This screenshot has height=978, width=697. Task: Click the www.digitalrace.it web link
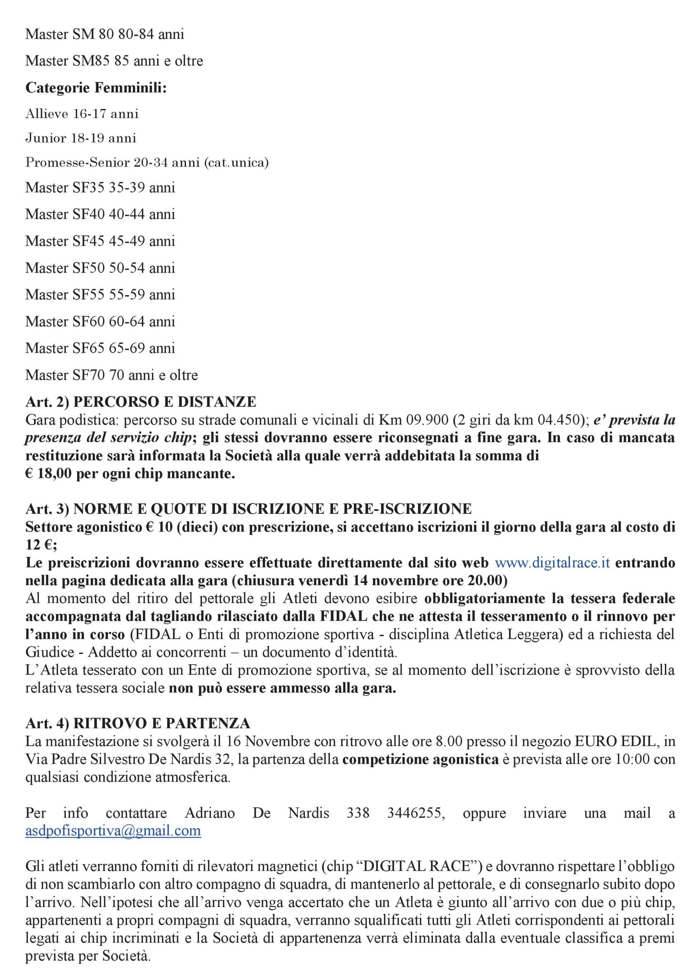552,563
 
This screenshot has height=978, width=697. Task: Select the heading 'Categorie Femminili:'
96,88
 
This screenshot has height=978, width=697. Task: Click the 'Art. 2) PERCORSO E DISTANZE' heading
141,402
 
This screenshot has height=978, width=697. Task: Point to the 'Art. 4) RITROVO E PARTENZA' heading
138,723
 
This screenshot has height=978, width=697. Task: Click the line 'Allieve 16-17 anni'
82,114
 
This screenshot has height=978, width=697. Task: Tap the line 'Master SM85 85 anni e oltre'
114,61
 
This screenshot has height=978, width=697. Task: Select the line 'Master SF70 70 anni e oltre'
111,375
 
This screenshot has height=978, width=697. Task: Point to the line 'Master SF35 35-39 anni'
100,188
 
